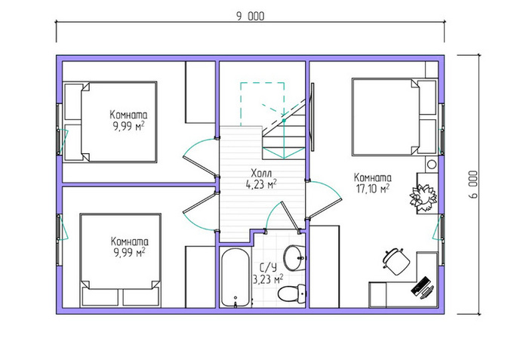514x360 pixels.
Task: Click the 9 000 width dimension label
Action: (250, 17)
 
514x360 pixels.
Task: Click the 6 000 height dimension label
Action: (473, 184)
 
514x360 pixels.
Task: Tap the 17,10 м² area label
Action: (372, 189)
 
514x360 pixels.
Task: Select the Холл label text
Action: (261, 173)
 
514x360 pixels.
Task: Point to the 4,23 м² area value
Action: (261, 184)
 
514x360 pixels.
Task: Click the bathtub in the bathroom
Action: (235, 278)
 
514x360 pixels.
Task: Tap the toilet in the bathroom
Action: (292, 293)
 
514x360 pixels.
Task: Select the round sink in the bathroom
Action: (294, 257)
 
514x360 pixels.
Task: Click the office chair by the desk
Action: (396, 261)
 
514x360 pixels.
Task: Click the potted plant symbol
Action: (423, 198)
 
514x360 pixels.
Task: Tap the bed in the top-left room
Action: (110, 122)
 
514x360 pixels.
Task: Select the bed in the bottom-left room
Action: (120, 260)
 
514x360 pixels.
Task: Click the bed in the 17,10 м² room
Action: (394, 117)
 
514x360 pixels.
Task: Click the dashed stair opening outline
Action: (262, 104)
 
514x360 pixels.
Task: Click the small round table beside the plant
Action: (432, 164)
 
